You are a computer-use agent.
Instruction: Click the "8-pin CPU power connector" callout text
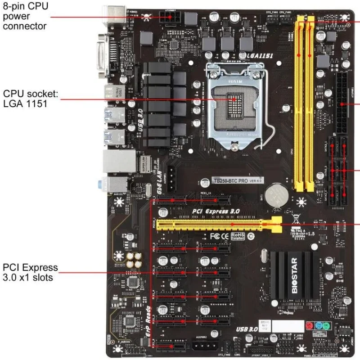(25, 16)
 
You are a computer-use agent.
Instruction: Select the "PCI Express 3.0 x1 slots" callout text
(30, 272)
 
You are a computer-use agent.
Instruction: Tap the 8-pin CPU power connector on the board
(169, 18)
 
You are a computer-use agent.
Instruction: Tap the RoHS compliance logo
(238, 235)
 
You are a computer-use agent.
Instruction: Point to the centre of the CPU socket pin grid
(234, 101)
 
